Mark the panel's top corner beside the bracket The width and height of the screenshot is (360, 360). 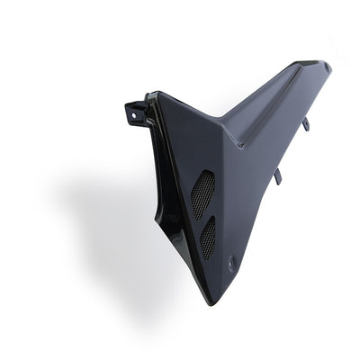[150, 93]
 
